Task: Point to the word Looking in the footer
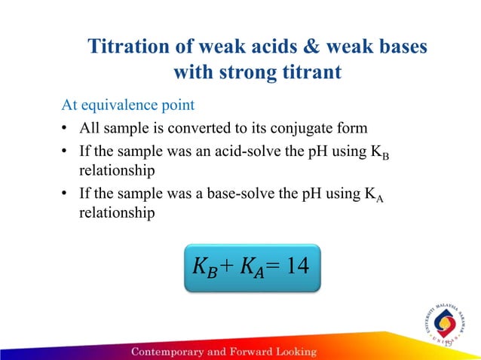coord(292,352)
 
